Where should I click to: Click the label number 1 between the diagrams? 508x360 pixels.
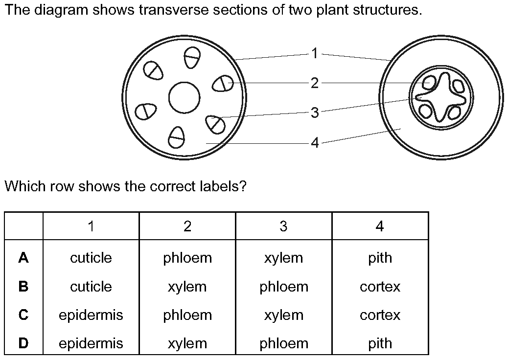(x=315, y=53)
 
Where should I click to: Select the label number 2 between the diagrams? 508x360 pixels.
(x=315, y=83)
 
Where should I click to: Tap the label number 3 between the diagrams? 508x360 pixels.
(x=315, y=112)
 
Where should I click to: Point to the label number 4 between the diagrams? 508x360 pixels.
(x=315, y=142)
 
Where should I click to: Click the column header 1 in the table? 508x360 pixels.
(x=91, y=226)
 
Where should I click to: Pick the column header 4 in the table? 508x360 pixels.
(x=380, y=226)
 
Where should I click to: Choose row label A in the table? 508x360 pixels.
(x=23, y=258)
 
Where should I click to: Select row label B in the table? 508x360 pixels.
(x=23, y=287)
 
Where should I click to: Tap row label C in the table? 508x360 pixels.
(x=23, y=315)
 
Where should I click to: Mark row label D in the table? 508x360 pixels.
(x=23, y=343)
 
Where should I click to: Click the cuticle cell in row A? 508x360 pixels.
(x=91, y=258)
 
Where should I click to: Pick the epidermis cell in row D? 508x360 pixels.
(x=91, y=343)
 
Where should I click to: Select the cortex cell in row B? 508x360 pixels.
(x=380, y=287)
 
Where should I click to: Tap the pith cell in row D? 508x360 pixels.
(x=380, y=343)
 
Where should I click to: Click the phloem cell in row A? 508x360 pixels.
(x=187, y=258)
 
